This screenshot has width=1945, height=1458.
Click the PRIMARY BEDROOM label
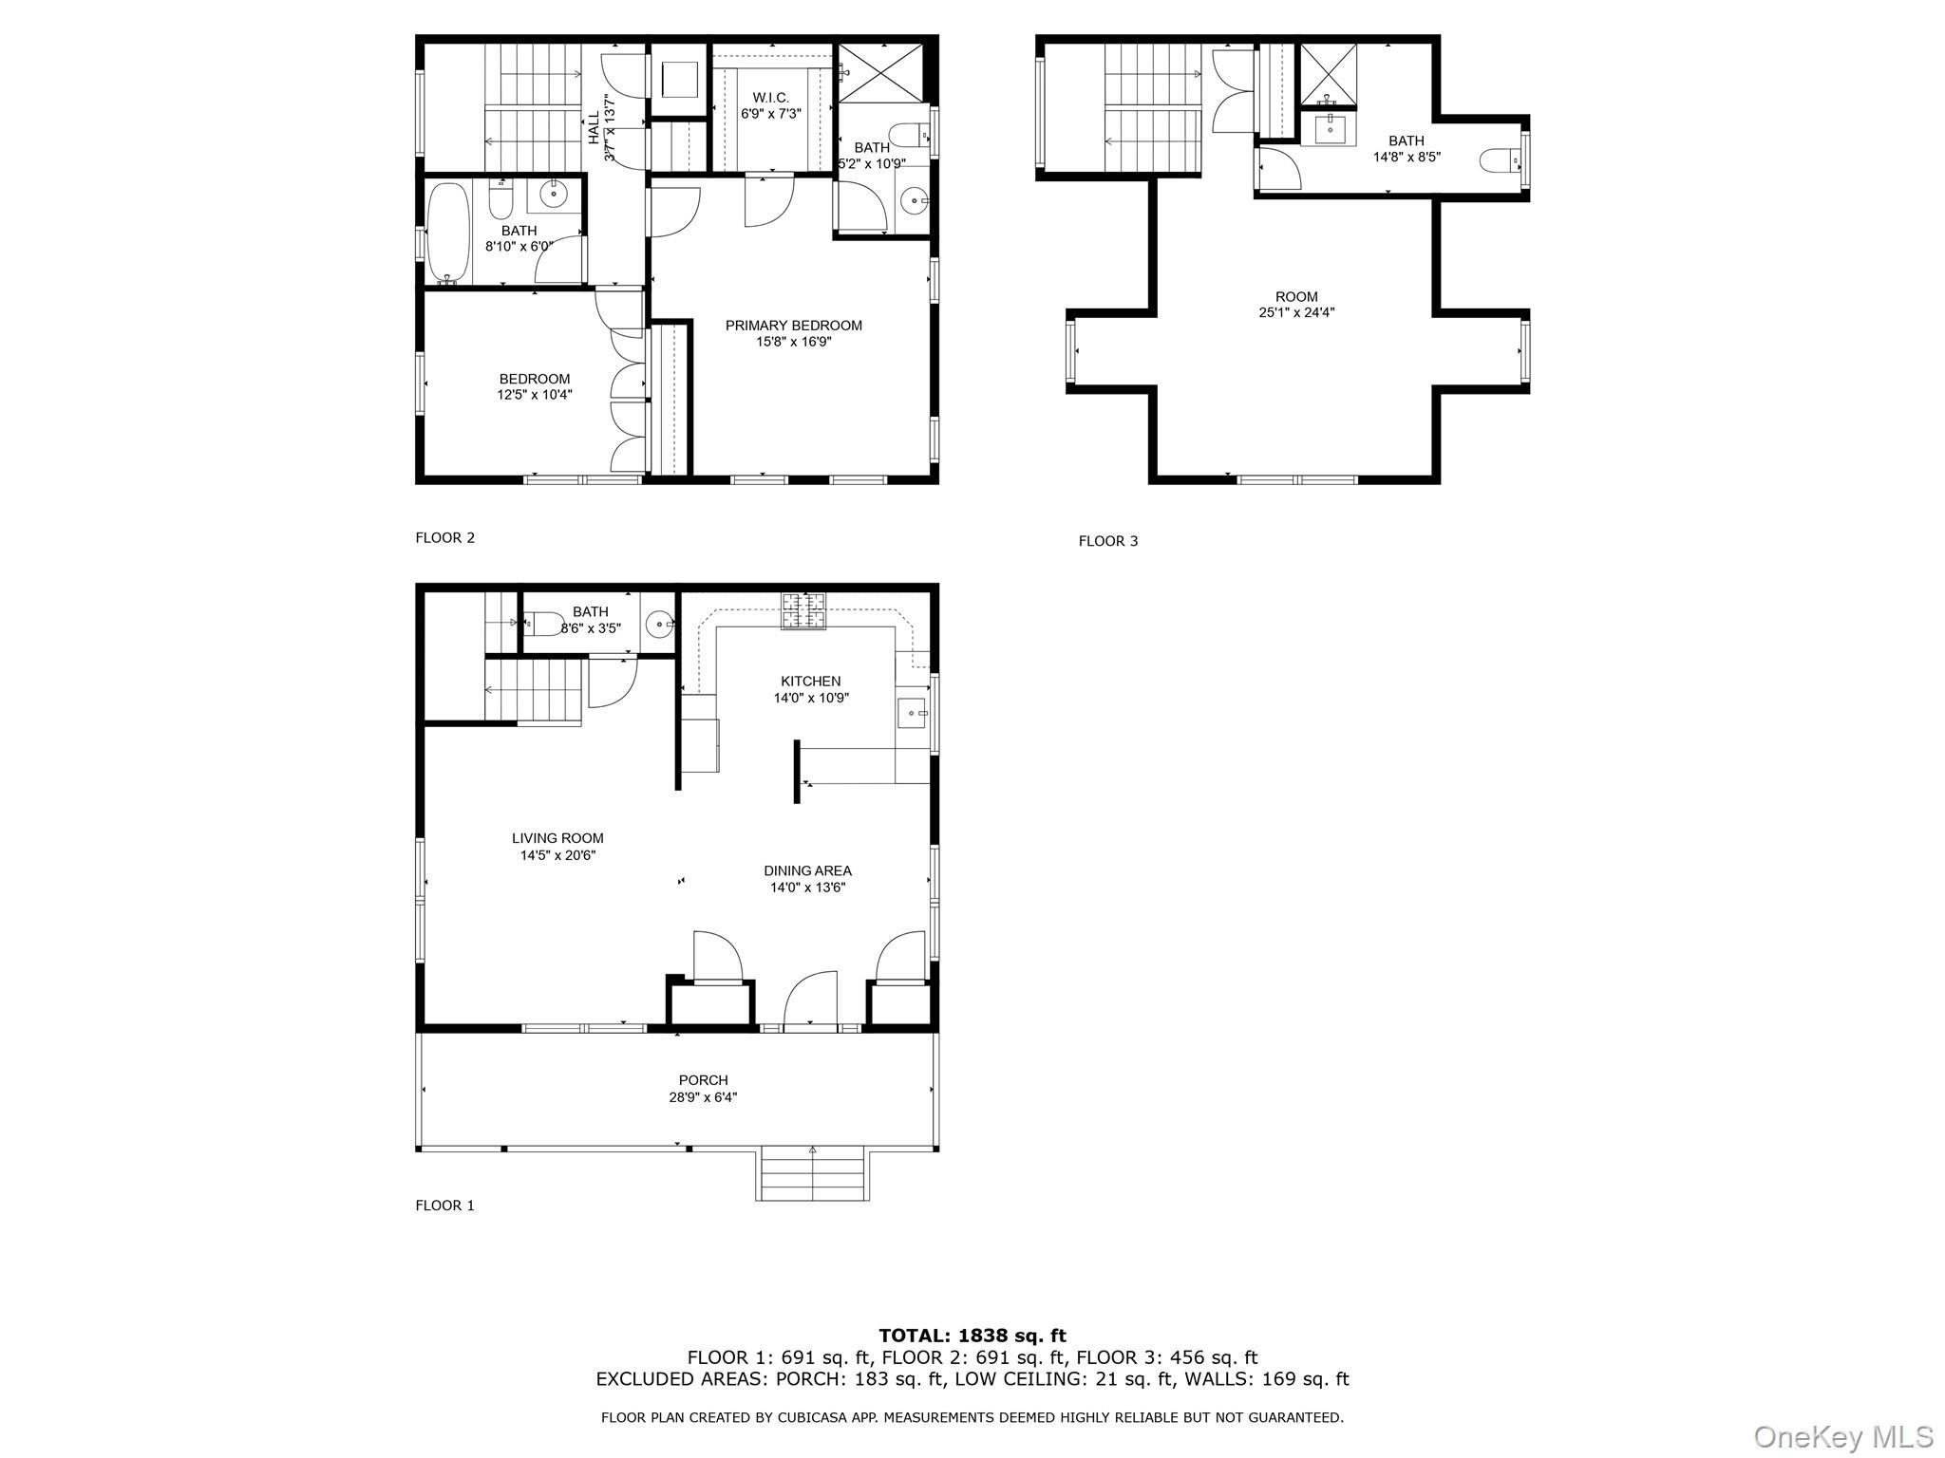pyautogui.click(x=793, y=326)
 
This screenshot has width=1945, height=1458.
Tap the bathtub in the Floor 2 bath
pyautogui.click(x=447, y=234)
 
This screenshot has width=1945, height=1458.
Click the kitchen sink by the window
pyautogui.click(x=913, y=711)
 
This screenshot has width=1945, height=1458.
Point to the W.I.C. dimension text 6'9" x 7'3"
pyautogui.click(x=771, y=114)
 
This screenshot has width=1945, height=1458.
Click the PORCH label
pyautogui.click(x=703, y=1080)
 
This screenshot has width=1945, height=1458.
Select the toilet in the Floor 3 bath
pyautogui.click(x=1500, y=160)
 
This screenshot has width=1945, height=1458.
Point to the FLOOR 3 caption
pyautogui.click(x=1107, y=541)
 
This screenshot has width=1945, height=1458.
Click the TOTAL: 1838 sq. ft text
pyautogui.click(x=972, y=1336)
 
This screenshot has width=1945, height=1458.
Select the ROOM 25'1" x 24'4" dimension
pyautogui.click(x=1296, y=312)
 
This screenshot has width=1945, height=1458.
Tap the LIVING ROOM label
pyautogui.click(x=557, y=838)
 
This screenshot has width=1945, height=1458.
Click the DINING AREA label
pyautogui.click(x=807, y=870)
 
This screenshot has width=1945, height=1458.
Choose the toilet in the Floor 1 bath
pyautogui.click(x=544, y=624)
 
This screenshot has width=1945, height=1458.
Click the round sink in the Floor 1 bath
pyautogui.click(x=658, y=625)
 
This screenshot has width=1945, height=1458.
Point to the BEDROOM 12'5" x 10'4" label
pyautogui.click(x=535, y=386)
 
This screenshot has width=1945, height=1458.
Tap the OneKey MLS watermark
pyautogui.click(x=1842, y=1436)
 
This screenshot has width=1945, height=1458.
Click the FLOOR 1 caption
pyautogui.click(x=444, y=1206)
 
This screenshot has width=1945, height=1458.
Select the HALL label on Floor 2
pyautogui.click(x=594, y=128)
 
